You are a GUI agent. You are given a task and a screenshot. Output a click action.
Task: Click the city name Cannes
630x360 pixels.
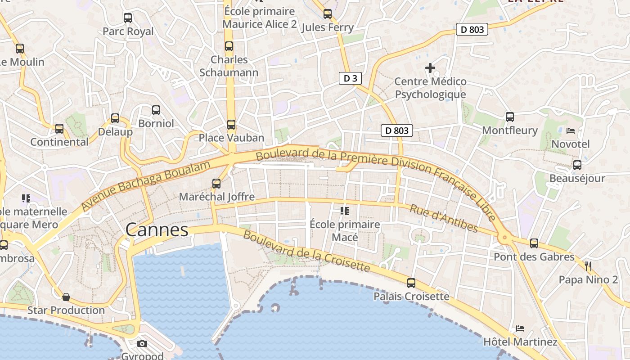click(x=157, y=230)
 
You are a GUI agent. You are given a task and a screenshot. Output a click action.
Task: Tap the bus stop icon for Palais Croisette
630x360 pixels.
click(x=411, y=283)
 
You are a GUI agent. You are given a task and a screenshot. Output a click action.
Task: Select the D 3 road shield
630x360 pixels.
click(x=350, y=78)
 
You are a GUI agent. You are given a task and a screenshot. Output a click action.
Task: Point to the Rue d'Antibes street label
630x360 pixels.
click(x=444, y=218)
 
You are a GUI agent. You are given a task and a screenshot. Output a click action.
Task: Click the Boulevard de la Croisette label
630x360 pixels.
click(x=306, y=252)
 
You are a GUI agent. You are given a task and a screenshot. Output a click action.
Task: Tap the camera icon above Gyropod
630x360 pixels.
click(x=142, y=344)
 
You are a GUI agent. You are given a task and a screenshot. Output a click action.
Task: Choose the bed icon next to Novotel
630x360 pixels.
click(x=571, y=131)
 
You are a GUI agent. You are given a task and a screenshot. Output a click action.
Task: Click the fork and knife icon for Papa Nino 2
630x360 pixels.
click(x=588, y=266)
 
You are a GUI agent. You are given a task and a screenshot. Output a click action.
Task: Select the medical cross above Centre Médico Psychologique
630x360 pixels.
click(x=430, y=68)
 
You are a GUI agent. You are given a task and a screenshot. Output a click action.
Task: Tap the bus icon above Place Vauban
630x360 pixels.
click(x=231, y=125)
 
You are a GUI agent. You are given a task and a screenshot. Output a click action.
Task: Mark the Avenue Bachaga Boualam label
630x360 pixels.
click(x=146, y=185)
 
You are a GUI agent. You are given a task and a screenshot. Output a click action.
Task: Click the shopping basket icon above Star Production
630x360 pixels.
click(x=66, y=297)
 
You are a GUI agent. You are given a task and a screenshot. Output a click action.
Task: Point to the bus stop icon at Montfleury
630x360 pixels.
click(x=510, y=117)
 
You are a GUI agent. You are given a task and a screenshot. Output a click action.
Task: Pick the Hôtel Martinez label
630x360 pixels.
click(x=520, y=342)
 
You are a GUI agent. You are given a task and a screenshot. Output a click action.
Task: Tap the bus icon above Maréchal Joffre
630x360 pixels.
click(x=216, y=184)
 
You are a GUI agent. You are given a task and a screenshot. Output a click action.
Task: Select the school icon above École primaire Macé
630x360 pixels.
click(x=345, y=211)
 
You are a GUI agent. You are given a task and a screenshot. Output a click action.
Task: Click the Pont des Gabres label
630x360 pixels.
click(x=534, y=257)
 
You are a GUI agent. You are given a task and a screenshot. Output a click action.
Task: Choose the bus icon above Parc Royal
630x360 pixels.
click(x=128, y=18)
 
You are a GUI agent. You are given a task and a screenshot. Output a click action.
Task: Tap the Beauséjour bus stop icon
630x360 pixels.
click(x=577, y=165)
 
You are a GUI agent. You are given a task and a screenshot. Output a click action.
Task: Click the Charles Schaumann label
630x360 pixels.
click(x=229, y=66)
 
